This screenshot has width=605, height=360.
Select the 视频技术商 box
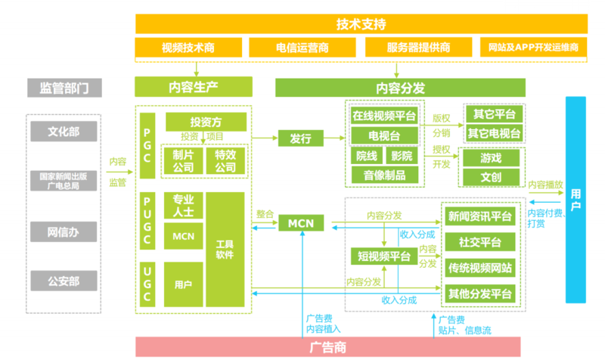(x=188, y=48)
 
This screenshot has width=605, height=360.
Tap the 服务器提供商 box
(x=418, y=48)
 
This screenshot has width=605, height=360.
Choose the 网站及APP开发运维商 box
(x=533, y=48)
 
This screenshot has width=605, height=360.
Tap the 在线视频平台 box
(x=384, y=116)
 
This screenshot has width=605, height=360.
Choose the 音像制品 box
(x=384, y=175)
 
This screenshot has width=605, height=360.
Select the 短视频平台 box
(x=384, y=256)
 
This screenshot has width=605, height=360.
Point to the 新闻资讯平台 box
(x=480, y=216)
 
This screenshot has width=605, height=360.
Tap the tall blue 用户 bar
(x=576, y=199)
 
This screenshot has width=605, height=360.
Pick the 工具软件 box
(x=225, y=250)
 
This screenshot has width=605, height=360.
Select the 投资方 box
(x=206, y=122)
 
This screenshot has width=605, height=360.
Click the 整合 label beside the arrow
(x=265, y=214)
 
